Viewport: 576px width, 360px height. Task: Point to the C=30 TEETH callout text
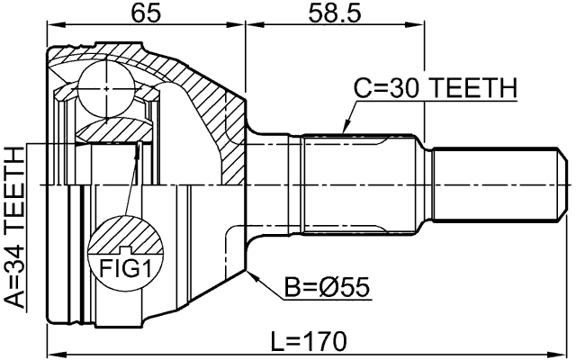pos(435,88)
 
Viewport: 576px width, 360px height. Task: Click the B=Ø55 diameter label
pos(328,288)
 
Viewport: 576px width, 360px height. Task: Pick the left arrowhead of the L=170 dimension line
pos(49,352)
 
